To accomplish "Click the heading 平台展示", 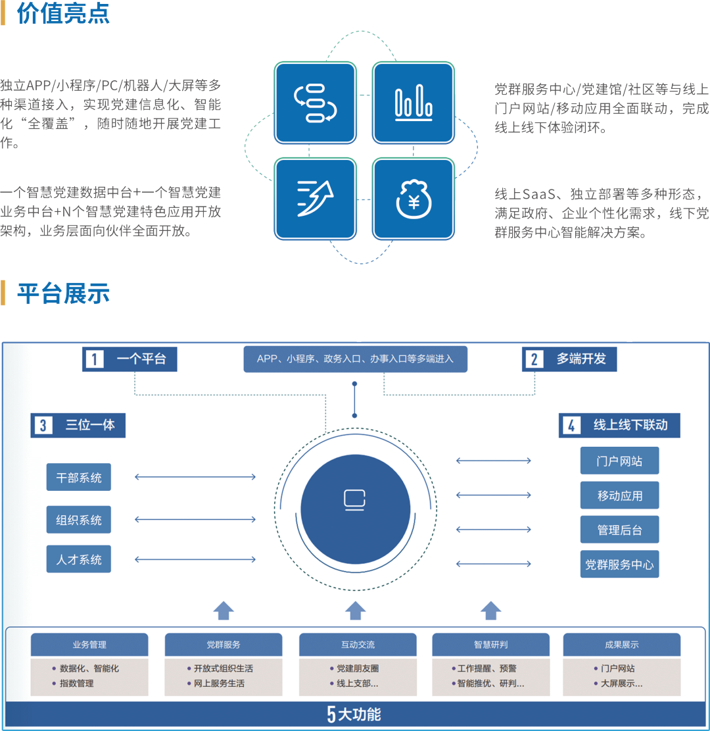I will click(63, 293).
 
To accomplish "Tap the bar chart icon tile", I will click(414, 103).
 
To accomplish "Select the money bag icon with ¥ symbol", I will click(414, 198).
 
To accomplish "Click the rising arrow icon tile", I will click(316, 198).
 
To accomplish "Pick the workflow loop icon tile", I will click(316, 103).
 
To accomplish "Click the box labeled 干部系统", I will click(79, 478).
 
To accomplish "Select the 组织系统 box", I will click(79, 520).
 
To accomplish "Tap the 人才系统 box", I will click(79, 560).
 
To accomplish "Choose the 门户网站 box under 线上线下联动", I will click(619, 461).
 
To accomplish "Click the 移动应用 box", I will click(619, 495).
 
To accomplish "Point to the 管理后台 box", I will click(619, 530).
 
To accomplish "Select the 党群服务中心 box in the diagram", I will click(619, 565).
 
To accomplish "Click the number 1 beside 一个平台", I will click(95, 359).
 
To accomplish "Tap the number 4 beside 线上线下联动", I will click(571, 426).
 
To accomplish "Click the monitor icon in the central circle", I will click(355, 499).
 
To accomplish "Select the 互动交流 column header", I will click(358, 645).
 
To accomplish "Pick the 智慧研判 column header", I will click(490, 645).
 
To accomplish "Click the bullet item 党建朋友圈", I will click(358, 668).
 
